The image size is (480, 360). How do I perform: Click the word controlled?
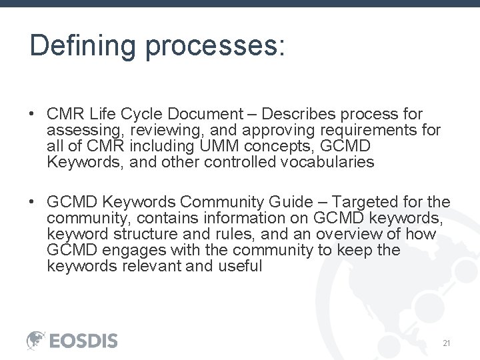tap(237, 162)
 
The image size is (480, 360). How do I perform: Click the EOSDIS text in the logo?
tap(84, 341)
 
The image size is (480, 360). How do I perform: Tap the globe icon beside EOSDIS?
tap(36, 340)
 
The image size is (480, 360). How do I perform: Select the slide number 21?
tap(447, 343)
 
